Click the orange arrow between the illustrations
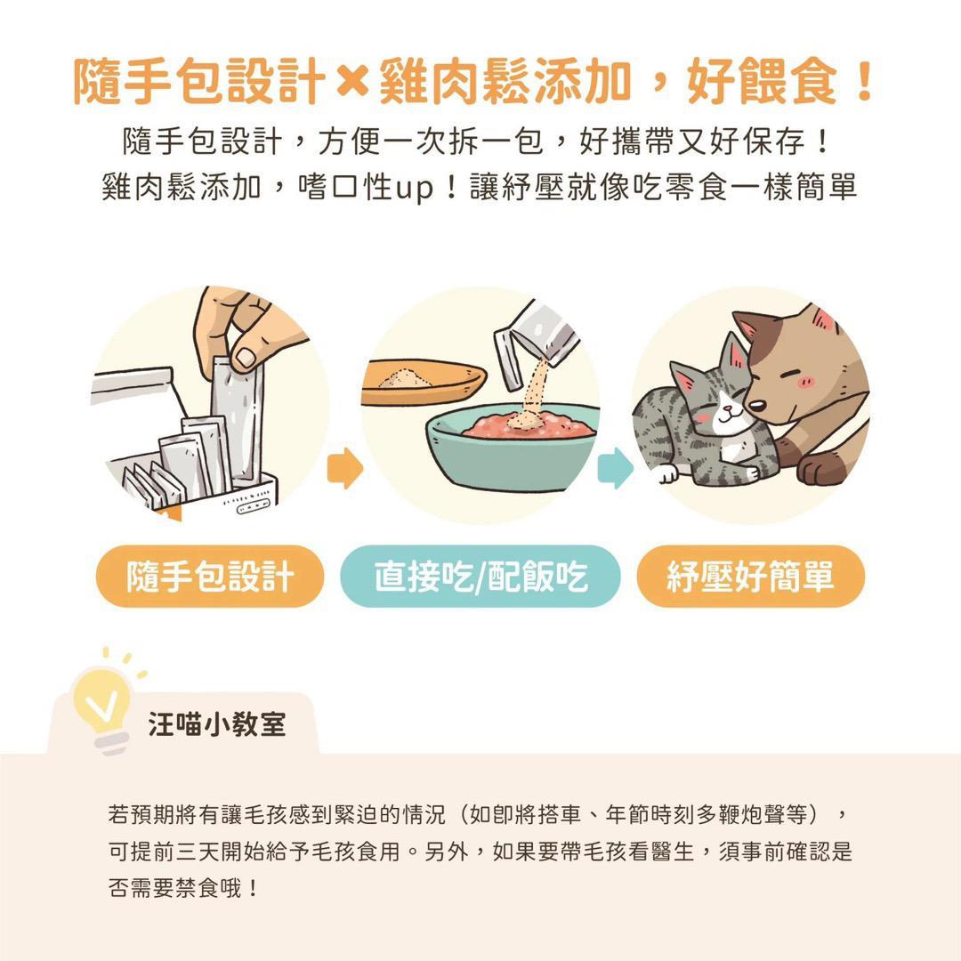coord(344,470)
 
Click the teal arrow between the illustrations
coord(615,470)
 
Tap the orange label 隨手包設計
coord(210,577)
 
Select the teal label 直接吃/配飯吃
coord(480,577)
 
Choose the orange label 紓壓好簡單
coord(750,577)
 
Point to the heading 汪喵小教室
coord(217,723)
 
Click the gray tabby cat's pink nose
coord(725,412)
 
